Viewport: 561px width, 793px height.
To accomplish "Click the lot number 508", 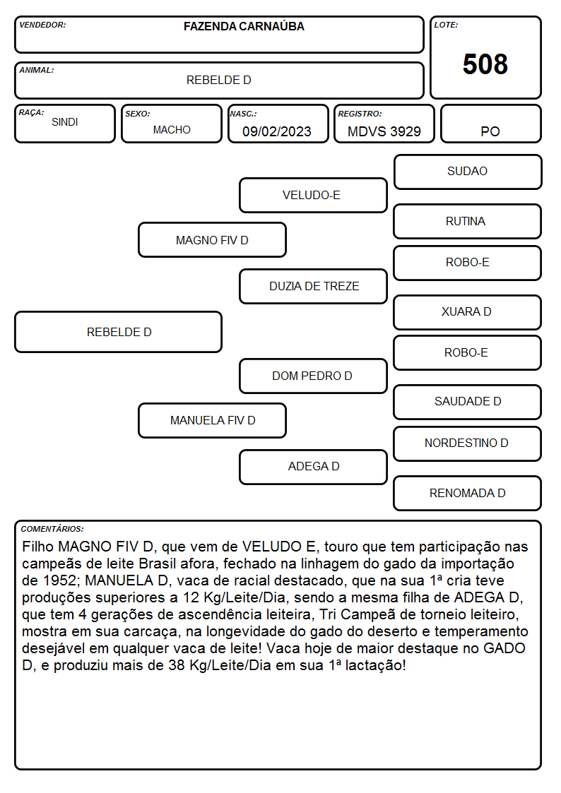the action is pyautogui.click(x=485, y=64).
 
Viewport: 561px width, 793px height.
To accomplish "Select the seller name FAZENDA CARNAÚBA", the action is pyautogui.click(x=244, y=26).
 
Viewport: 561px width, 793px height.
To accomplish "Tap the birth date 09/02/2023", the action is pyautogui.click(x=277, y=131).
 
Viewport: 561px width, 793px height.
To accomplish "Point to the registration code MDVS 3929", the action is pyautogui.click(x=384, y=131).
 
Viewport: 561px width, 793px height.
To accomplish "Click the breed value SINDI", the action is pyautogui.click(x=65, y=122).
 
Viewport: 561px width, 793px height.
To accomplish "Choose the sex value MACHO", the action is pyautogui.click(x=172, y=130).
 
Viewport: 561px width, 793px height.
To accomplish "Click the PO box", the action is pyautogui.click(x=490, y=124).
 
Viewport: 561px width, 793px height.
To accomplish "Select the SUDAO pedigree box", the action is pyautogui.click(x=468, y=172).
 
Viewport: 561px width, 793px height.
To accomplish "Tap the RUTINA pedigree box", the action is pyautogui.click(x=467, y=222).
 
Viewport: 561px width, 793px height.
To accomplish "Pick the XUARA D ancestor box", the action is pyautogui.click(x=467, y=312).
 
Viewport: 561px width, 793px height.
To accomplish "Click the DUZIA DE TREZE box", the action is pyautogui.click(x=313, y=286).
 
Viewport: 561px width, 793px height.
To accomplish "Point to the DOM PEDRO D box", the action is pyautogui.click(x=313, y=376).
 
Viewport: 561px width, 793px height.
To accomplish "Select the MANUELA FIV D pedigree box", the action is pyautogui.click(x=213, y=420).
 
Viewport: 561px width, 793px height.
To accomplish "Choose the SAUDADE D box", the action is pyautogui.click(x=467, y=402).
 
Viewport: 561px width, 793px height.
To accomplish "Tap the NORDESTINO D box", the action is pyautogui.click(x=467, y=443).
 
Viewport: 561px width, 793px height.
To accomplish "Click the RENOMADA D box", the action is pyautogui.click(x=467, y=493).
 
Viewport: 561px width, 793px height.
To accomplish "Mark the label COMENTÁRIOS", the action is pyautogui.click(x=52, y=529).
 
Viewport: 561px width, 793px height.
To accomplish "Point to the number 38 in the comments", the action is pyautogui.click(x=177, y=665).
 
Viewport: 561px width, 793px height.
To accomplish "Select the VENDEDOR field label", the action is pyautogui.click(x=42, y=25).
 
